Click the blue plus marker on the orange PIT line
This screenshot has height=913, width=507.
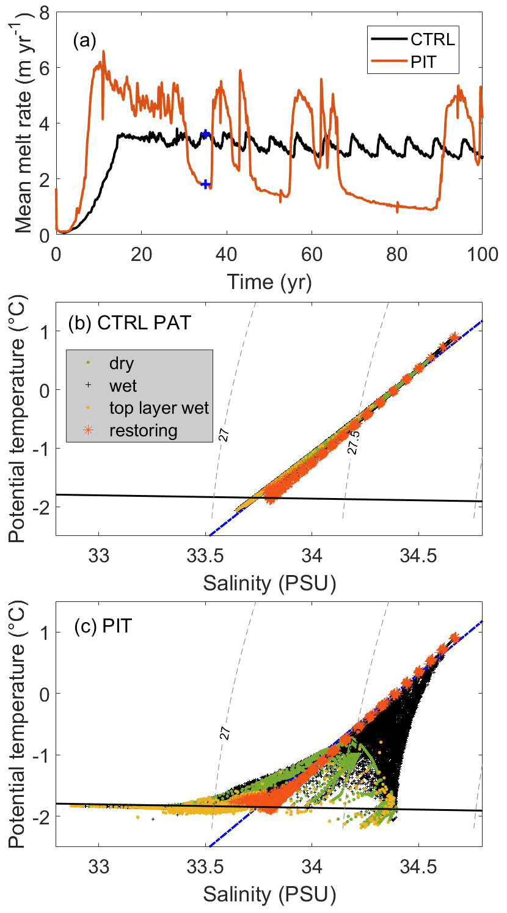click(x=206, y=184)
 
